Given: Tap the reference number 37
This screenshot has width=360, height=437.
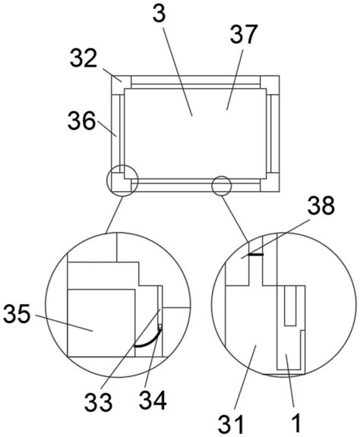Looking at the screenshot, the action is click(243, 34).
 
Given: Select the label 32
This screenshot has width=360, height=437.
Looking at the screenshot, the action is click(84, 58).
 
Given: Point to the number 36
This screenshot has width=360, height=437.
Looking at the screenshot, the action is click(81, 121).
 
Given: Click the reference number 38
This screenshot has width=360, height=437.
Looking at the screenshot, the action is click(321, 205).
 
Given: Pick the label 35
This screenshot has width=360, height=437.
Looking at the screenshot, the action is click(17, 313).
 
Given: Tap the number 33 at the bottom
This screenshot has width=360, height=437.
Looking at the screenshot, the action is click(98, 402).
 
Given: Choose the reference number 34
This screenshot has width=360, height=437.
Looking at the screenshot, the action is click(153, 400).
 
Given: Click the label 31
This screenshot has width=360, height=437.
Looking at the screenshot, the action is click(231, 424).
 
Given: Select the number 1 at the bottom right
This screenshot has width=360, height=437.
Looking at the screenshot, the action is click(296, 423).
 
